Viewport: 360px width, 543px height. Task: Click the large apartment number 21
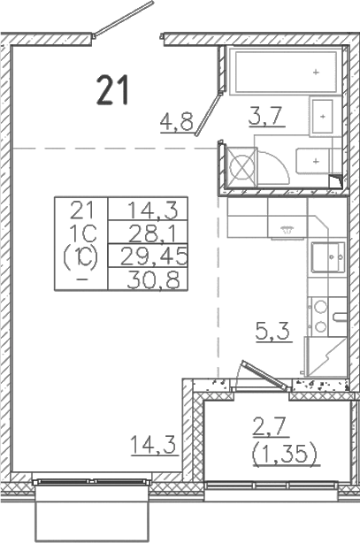[x=113, y=89]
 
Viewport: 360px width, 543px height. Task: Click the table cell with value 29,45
[x=142, y=255]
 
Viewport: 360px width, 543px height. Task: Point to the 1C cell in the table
[x=80, y=233]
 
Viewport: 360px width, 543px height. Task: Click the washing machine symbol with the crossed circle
[x=241, y=164]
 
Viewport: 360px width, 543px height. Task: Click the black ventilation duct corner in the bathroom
[x=336, y=182]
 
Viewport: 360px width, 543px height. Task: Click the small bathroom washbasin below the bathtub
[x=320, y=113]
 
